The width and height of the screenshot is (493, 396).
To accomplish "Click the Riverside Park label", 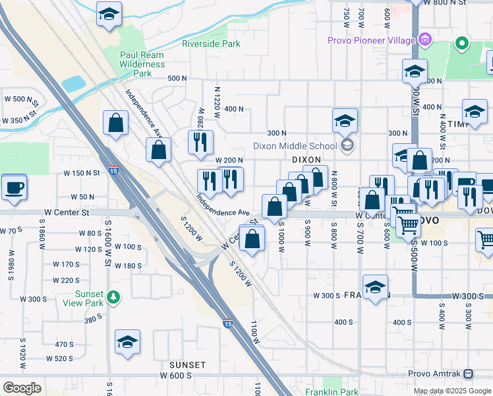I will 211,44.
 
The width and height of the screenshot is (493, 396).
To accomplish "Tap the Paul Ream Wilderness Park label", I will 142,65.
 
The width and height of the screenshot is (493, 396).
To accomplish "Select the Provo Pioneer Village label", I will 372,40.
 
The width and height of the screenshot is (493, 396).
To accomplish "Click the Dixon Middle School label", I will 295,146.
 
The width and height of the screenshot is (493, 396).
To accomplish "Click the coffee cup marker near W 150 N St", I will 14,187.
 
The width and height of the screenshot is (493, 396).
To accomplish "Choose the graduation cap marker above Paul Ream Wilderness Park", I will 109,14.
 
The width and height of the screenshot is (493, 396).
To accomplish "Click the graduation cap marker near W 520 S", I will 127,343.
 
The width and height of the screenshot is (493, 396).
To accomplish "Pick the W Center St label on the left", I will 67,213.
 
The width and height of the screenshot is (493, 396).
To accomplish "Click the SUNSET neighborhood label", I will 187,364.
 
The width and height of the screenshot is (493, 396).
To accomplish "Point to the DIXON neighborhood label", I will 306,160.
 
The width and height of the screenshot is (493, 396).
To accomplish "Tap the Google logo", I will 22,387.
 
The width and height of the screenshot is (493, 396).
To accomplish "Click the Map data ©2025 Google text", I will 453,391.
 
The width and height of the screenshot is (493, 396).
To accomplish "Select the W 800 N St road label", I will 449,3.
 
